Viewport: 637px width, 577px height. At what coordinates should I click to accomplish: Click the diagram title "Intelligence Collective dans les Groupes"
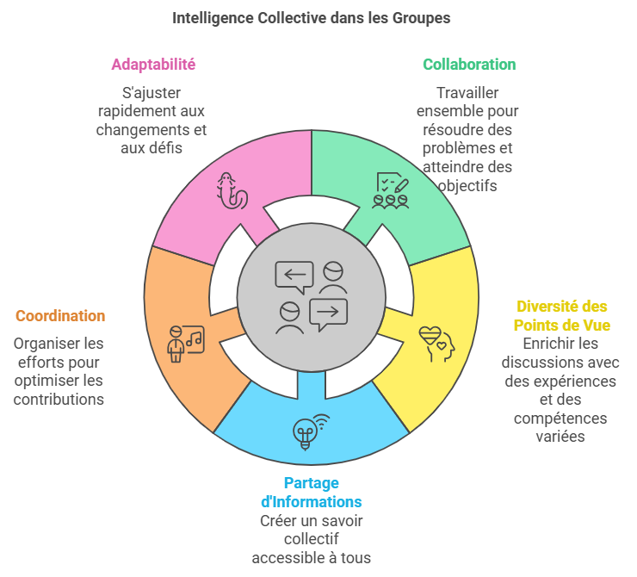coord(312,18)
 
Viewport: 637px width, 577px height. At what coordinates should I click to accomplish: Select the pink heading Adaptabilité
coord(153,65)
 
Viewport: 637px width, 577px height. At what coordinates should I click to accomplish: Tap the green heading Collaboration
coord(469,65)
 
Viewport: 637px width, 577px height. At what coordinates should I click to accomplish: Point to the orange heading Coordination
coord(60,316)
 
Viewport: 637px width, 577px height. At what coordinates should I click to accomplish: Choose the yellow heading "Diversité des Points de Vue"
coord(562,316)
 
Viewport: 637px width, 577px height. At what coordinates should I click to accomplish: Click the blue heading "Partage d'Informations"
coord(312,493)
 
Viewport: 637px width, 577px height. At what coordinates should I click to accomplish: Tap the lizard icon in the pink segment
coord(232,190)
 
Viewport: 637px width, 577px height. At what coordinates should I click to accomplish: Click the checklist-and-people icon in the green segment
coord(391,190)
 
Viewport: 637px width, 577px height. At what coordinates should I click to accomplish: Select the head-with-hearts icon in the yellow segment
coord(437,344)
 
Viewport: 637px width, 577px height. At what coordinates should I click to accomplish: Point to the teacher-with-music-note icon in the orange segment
coord(186,344)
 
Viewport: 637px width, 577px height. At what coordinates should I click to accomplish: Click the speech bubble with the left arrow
coord(294,277)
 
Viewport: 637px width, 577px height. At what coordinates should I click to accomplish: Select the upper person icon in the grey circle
coord(333,277)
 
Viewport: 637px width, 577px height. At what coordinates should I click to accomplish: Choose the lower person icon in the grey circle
coord(289,318)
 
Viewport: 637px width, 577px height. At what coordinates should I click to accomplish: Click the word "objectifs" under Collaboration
coord(467,186)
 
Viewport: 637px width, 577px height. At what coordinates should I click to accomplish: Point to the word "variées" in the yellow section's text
coord(560,437)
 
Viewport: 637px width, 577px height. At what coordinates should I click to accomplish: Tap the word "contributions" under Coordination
coord(59,400)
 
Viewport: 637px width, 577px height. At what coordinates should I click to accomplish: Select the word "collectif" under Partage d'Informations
coord(312,539)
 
